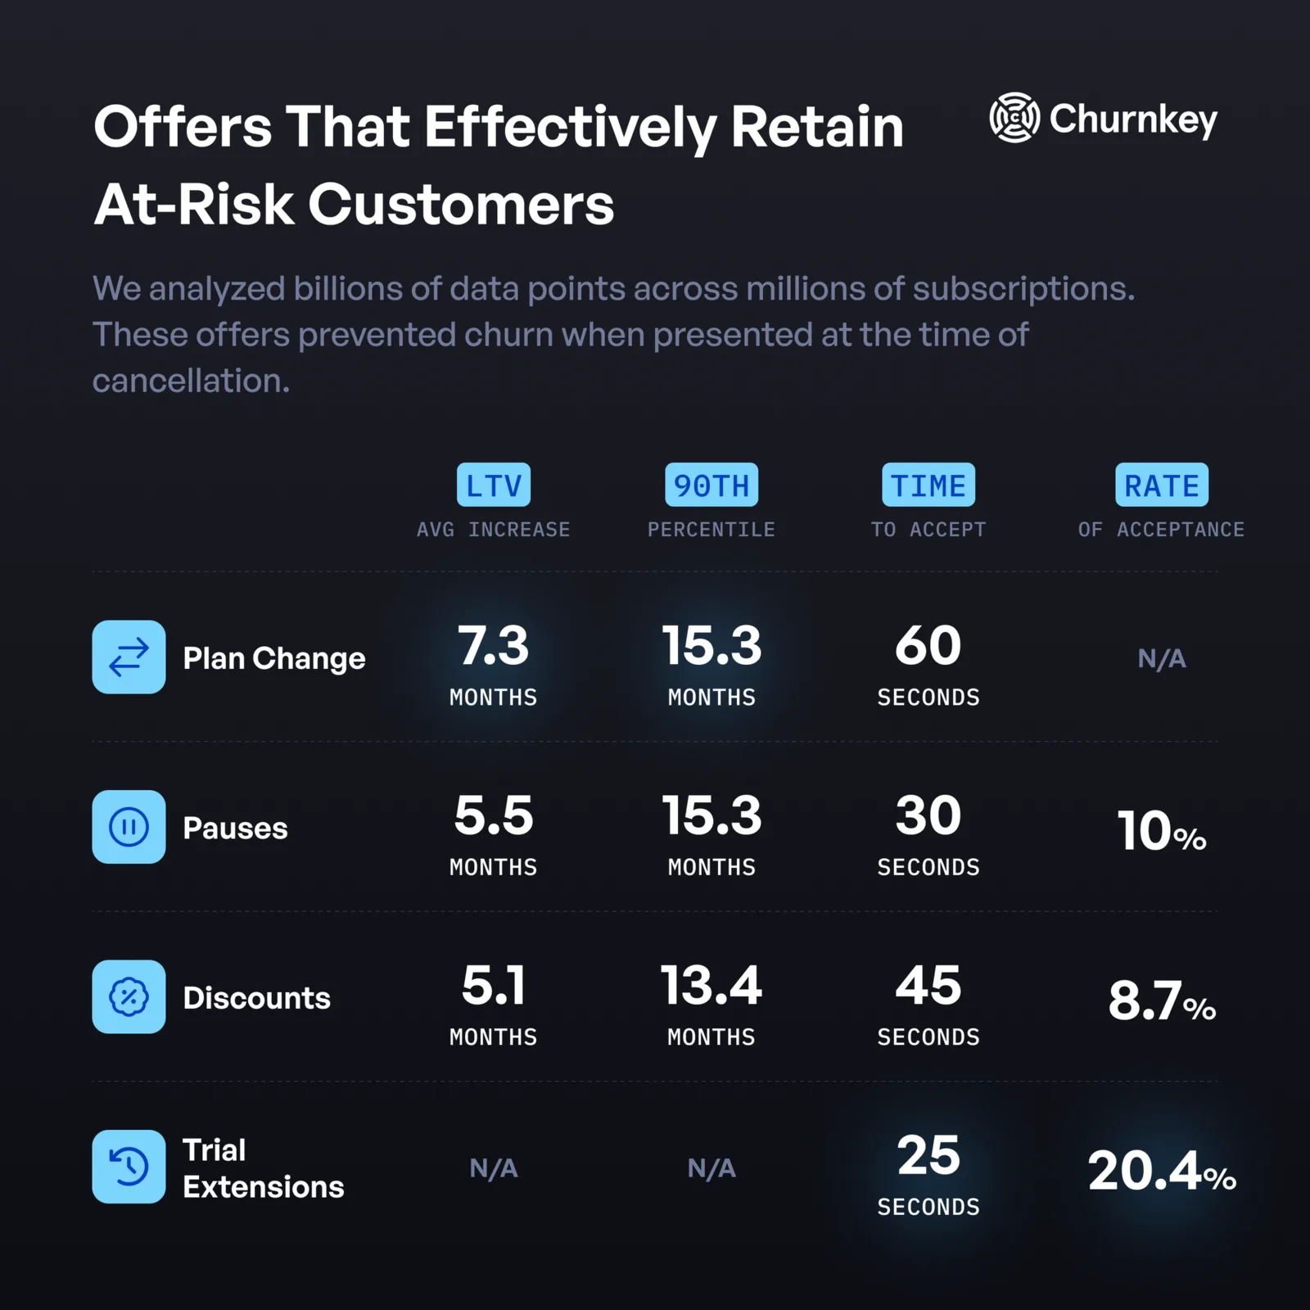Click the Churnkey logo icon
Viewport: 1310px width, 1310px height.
[x=1014, y=118]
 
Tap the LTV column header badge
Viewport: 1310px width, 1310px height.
[x=494, y=485]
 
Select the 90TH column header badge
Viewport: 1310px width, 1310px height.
[x=711, y=485]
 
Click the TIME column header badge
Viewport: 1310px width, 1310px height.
[x=928, y=485]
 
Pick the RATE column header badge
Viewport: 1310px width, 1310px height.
[x=1162, y=485]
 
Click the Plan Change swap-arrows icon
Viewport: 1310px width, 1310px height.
[x=129, y=657]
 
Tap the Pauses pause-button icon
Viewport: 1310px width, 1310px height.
[x=129, y=827]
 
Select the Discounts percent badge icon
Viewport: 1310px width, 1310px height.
[x=129, y=996]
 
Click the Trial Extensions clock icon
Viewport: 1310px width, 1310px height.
[x=129, y=1167]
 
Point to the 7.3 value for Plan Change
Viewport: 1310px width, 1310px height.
[x=494, y=645]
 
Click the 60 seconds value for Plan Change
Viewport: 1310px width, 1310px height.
[x=928, y=645]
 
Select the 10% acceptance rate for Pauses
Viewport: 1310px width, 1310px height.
[x=1162, y=831]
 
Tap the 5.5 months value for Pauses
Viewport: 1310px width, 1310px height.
[x=494, y=815]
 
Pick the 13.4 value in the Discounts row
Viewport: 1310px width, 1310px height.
[x=711, y=985]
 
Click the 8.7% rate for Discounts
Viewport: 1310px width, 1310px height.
[x=1162, y=1001]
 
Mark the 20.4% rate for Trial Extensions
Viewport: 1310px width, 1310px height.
[x=1162, y=1171]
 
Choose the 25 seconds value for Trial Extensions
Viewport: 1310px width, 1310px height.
[x=928, y=1155]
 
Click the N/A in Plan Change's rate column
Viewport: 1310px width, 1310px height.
[x=1162, y=658]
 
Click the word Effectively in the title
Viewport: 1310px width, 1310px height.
[x=571, y=128]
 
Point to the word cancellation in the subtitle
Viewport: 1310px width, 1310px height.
[x=191, y=381]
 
